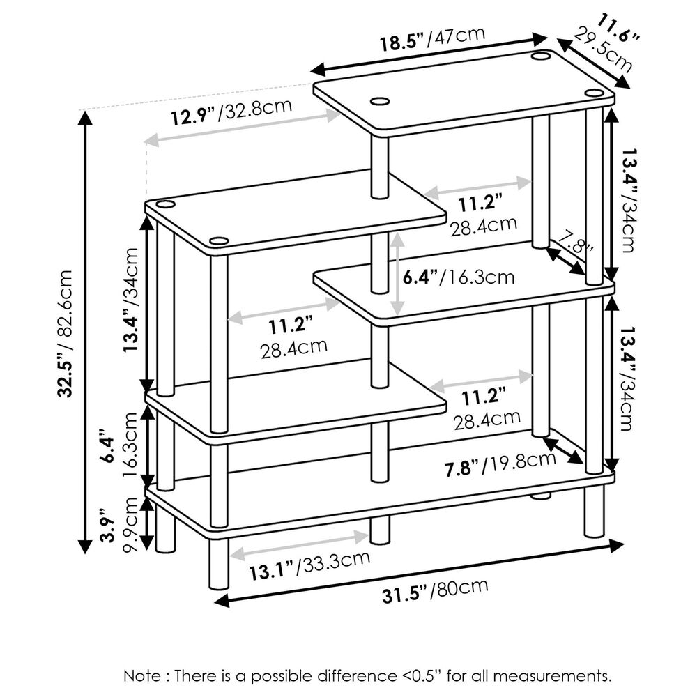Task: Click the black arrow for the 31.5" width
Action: coord(418,573)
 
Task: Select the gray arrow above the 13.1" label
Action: coord(300,545)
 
